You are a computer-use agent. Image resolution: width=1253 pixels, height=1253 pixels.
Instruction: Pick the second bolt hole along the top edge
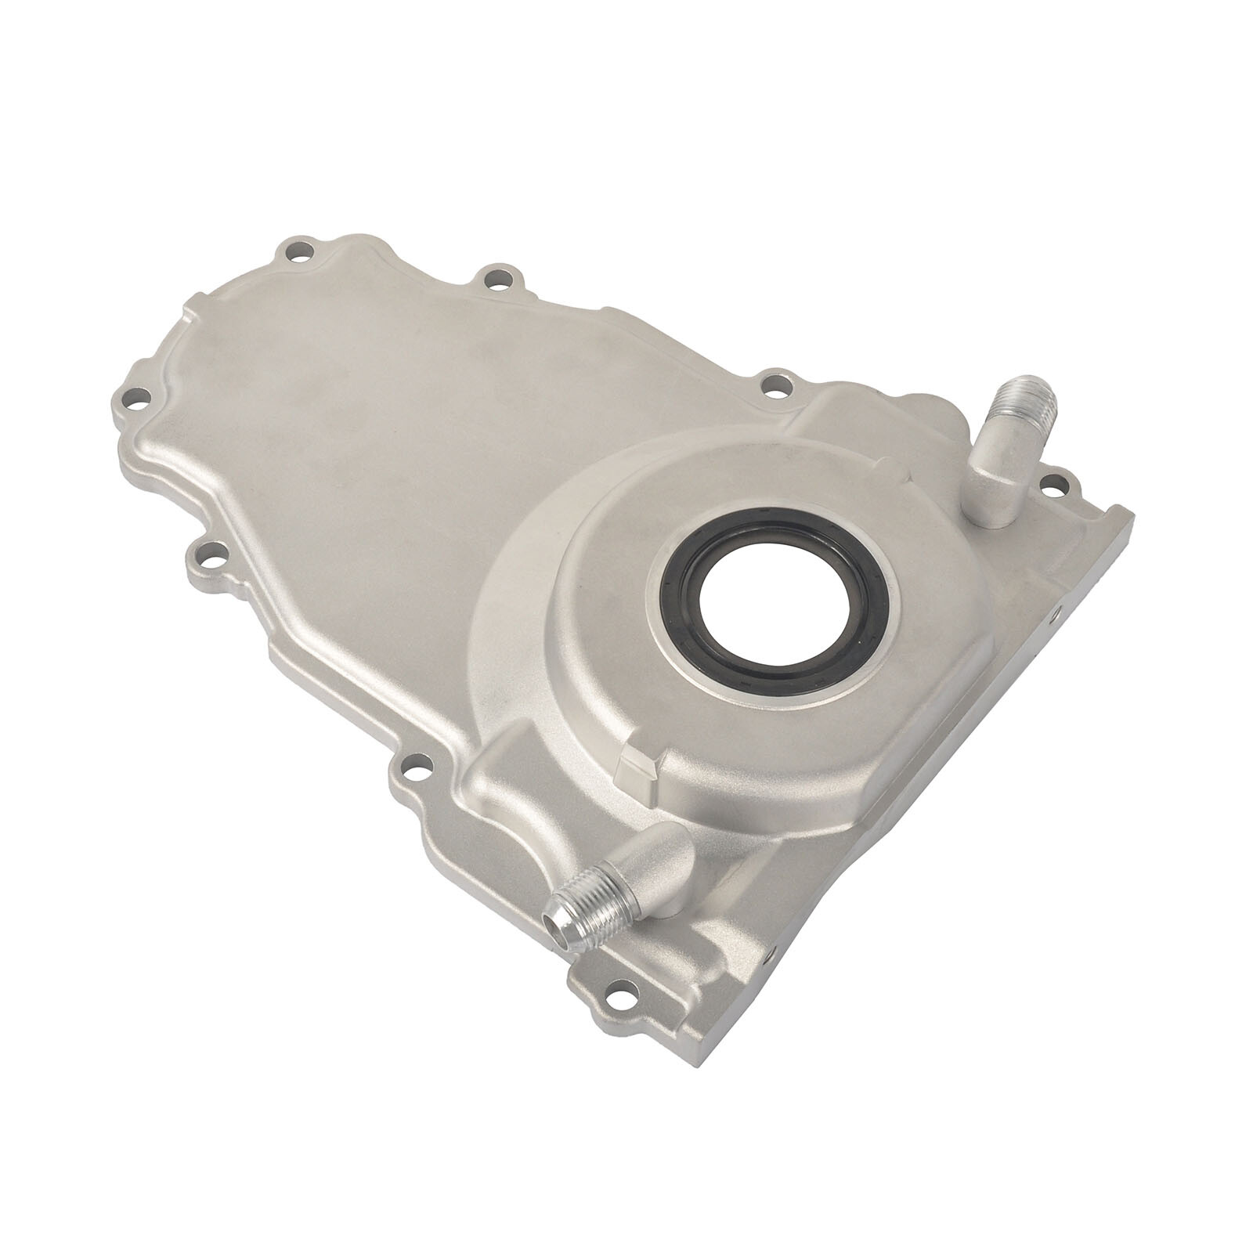(x=497, y=279)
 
